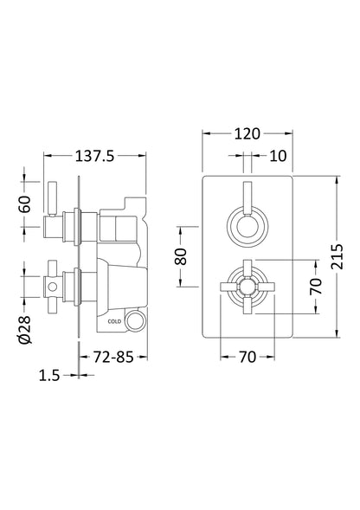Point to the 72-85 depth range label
click(x=114, y=356)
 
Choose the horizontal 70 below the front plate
click(x=248, y=355)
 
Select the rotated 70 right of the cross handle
click(x=315, y=285)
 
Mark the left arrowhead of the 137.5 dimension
click(x=47, y=156)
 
